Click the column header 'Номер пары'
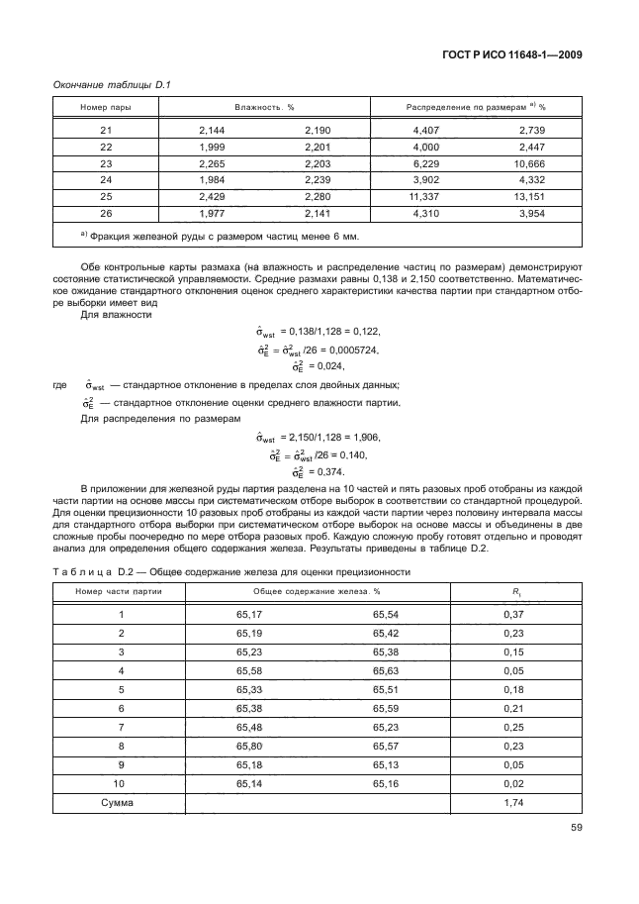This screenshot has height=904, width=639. (x=106, y=106)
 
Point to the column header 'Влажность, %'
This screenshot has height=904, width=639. (x=264, y=106)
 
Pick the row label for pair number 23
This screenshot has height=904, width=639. (x=106, y=163)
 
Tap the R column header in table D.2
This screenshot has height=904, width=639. (x=512, y=591)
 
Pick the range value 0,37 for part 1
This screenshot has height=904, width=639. (x=512, y=616)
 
